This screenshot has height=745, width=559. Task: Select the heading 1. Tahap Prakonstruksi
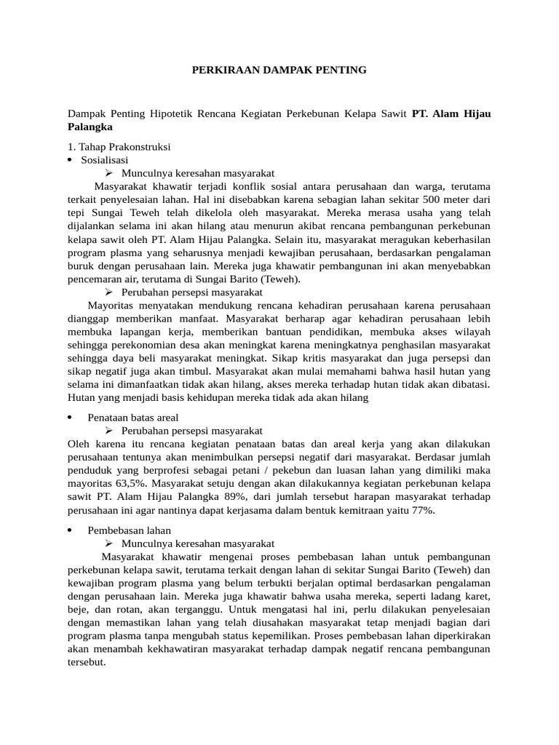(x=119, y=146)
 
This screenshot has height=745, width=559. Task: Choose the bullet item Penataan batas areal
(x=132, y=418)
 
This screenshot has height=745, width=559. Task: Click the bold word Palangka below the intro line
(x=93, y=125)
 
